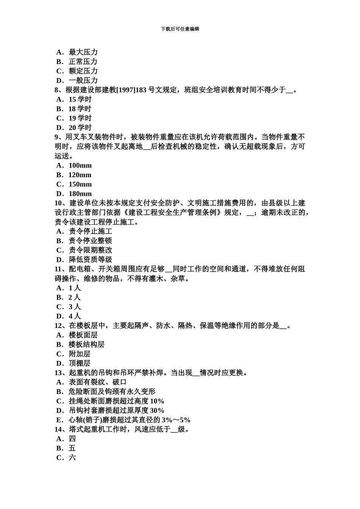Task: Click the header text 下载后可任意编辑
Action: (x=180, y=29)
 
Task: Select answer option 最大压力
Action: (x=83, y=52)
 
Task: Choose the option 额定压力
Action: (x=83, y=71)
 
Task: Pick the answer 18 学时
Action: (x=80, y=109)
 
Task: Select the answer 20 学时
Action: (x=80, y=128)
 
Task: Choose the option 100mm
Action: (x=80, y=166)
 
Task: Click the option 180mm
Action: (x=80, y=194)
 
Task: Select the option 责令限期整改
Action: (x=90, y=250)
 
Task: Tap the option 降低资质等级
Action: (x=90, y=260)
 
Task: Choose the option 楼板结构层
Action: (x=86, y=345)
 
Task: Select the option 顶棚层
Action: (x=79, y=364)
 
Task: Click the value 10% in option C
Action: (x=157, y=401)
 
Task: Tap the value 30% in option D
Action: (x=157, y=411)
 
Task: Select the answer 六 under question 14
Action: (x=72, y=457)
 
